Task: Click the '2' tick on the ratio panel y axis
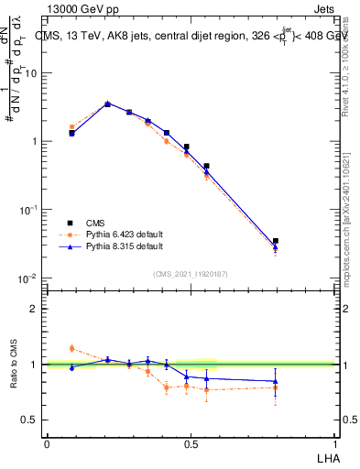[35, 309]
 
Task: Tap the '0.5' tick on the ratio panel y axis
[29, 420]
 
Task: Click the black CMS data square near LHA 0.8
[276, 241]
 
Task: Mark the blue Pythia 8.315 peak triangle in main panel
[108, 104]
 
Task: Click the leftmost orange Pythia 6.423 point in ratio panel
[72, 348]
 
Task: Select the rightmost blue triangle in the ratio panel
[276, 381]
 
